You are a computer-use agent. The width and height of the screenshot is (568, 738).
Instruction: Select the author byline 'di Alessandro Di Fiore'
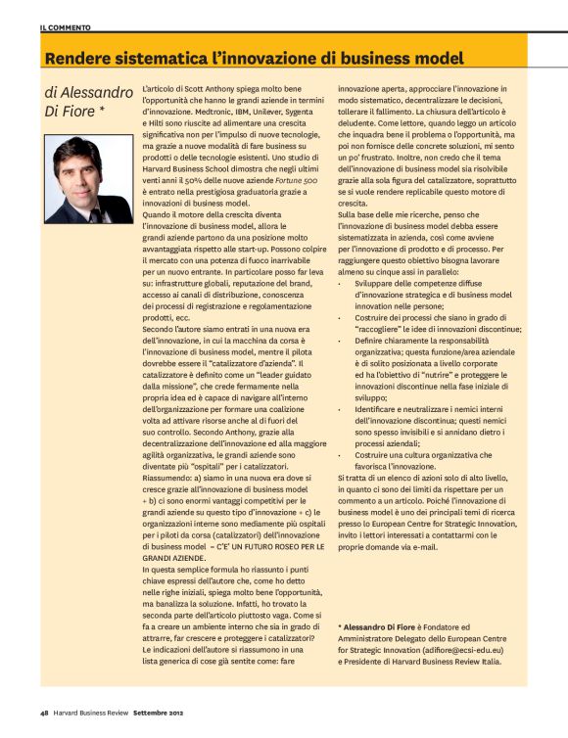click(89, 103)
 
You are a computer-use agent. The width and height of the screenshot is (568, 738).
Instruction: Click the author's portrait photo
click(89, 179)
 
